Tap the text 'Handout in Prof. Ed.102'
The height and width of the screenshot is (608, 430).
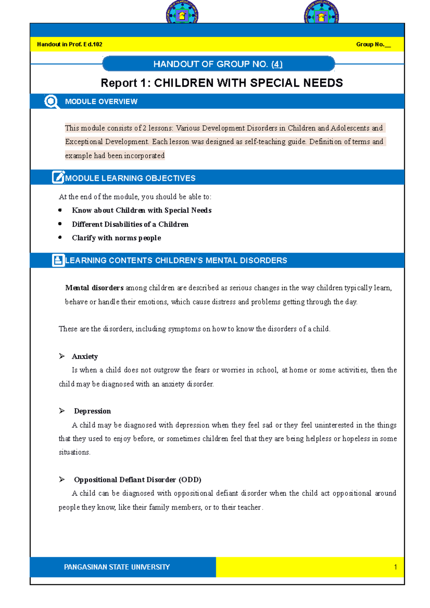[70, 44]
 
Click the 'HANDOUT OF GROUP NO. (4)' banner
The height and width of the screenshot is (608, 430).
[218, 64]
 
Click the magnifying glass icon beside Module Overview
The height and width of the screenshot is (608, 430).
[51, 101]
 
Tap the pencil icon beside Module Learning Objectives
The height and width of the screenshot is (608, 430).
[58, 177]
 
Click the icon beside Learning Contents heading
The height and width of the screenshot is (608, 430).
[58, 260]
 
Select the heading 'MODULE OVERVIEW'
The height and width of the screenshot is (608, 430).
[101, 102]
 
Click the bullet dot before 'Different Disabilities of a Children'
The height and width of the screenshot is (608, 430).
[60, 224]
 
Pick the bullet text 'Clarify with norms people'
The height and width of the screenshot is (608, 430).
[116, 238]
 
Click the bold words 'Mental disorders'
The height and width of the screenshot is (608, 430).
[94, 288]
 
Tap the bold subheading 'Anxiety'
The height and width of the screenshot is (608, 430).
[85, 356]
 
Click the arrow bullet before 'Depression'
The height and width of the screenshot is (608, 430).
[62, 411]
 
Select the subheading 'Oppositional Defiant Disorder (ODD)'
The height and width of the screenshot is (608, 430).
[138, 479]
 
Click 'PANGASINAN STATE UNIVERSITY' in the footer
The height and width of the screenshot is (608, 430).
[117, 567]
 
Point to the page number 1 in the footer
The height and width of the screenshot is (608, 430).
[395, 567]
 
